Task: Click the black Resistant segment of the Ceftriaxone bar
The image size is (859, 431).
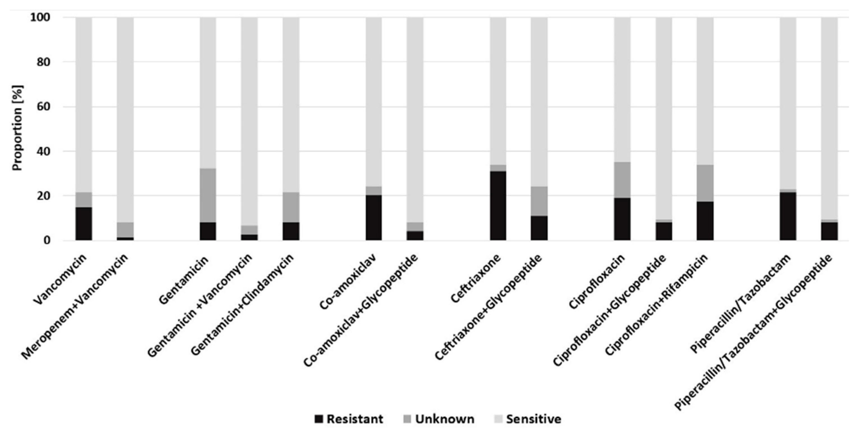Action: point(498,205)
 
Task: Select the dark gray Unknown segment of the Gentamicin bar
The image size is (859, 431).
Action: point(208,195)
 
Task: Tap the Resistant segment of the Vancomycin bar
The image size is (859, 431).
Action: point(84,223)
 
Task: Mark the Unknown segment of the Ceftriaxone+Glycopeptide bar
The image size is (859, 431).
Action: point(539,201)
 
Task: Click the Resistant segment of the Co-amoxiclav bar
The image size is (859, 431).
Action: point(374,218)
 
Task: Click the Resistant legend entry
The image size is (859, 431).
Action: point(349,419)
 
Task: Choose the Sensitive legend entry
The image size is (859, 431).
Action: point(528,419)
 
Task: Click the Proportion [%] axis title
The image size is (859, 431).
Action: point(17,128)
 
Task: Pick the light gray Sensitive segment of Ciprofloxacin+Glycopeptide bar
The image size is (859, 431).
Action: point(664,117)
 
